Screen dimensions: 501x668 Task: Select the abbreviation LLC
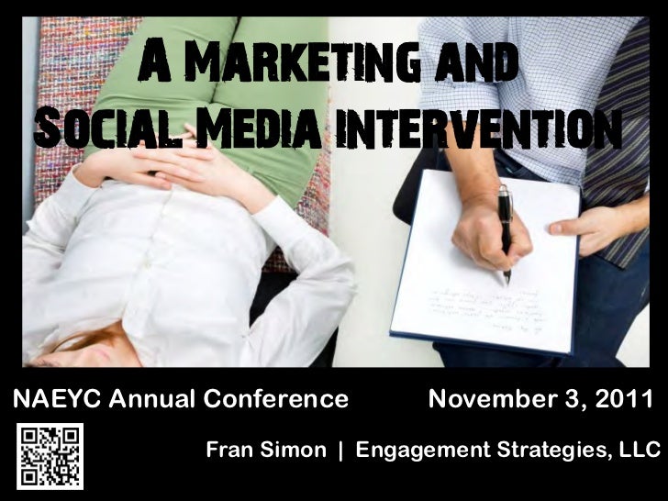[x=640, y=451]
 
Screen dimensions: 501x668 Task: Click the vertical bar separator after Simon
[x=340, y=451]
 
